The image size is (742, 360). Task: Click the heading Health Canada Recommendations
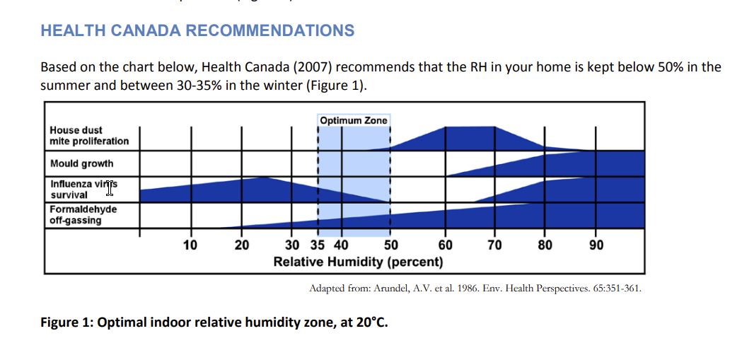pos(197,31)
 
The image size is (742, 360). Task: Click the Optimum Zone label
pos(354,120)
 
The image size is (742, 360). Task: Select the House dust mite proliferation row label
pos(89,136)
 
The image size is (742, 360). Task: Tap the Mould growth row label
pos(81,163)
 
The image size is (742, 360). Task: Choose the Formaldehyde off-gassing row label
pos(83,215)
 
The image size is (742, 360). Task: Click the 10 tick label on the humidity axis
pos(190,245)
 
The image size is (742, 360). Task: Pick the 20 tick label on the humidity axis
pos(241,245)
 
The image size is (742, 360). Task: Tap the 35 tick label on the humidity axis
pos(318,245)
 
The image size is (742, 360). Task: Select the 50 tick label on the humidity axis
pos(390,245)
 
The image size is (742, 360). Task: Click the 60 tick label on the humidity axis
pos(445,245)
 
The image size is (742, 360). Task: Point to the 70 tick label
pos(494,245)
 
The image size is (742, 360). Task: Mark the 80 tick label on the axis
pos(545,245)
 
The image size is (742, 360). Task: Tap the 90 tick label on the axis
pos(596,245)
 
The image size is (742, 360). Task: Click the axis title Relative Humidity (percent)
pos(358,262)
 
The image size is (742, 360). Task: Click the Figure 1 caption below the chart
pos(214,323)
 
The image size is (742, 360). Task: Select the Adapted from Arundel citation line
pos(475,289)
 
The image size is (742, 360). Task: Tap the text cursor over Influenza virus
pos(110,187)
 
